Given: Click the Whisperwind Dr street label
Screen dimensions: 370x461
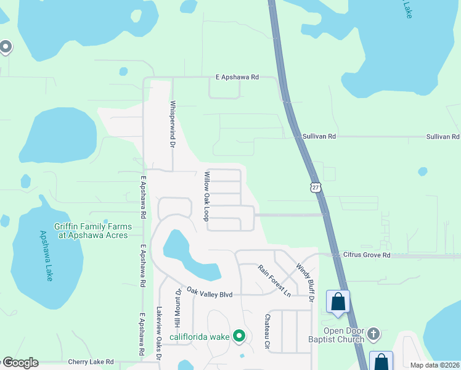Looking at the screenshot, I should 173,123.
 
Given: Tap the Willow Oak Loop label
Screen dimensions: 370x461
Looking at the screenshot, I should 207,196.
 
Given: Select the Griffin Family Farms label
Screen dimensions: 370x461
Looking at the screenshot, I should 91,231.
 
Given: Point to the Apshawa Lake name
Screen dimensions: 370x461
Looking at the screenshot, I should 47,256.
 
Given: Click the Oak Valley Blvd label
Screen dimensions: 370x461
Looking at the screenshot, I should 209,294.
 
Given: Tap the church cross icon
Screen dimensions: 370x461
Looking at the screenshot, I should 373,335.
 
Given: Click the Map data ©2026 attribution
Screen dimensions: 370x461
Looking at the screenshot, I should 435,365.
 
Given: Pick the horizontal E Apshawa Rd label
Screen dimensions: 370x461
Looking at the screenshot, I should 237,77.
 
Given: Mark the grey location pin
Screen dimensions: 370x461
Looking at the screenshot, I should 6,47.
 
